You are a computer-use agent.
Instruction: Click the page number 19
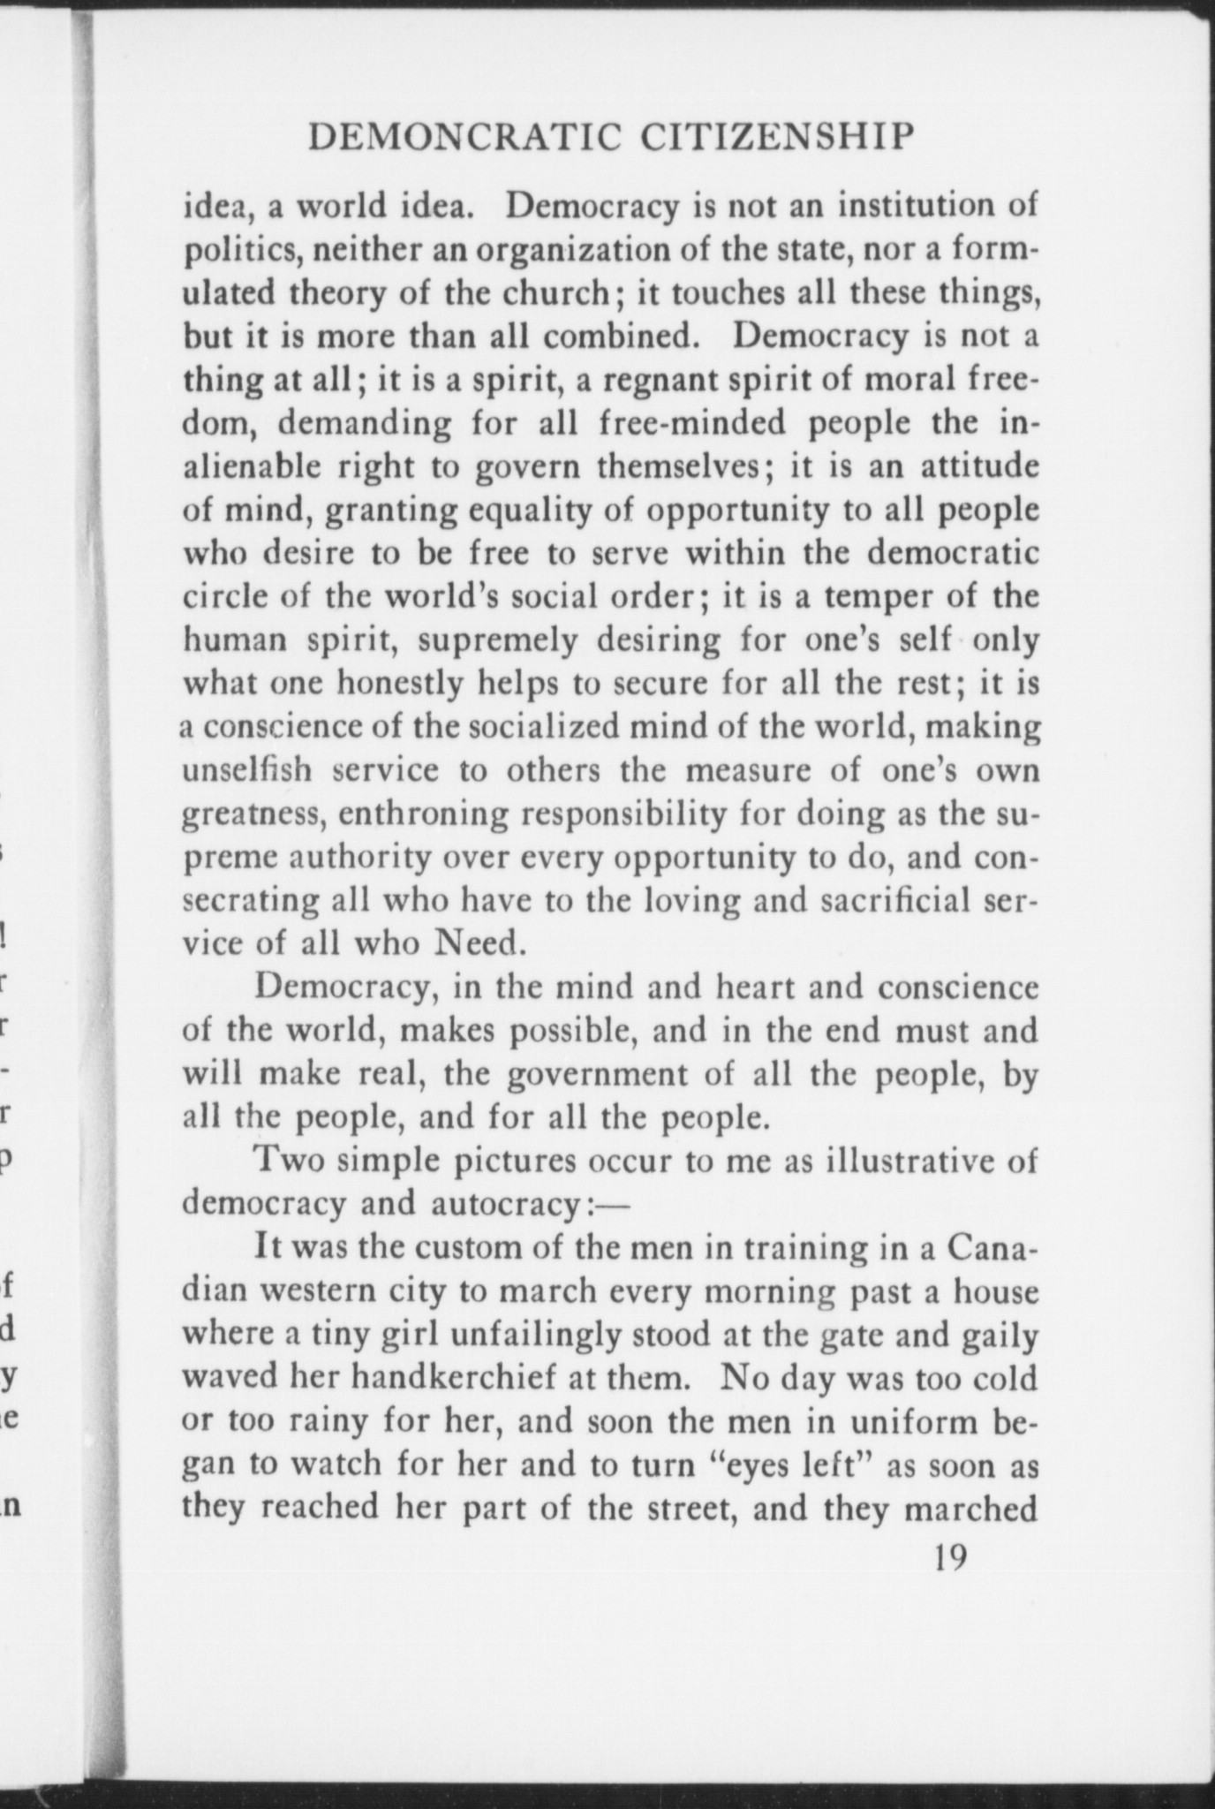pos(950,1557)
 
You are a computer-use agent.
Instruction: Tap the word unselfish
pos(246,770)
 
